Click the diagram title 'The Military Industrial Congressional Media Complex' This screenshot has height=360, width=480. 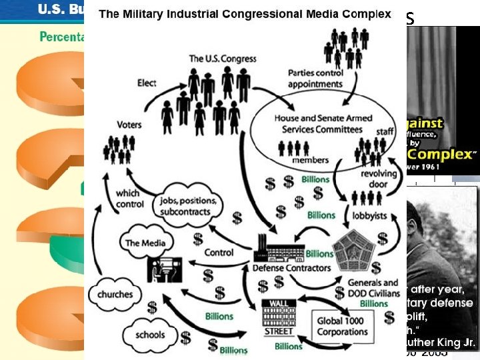[x=245, y=14]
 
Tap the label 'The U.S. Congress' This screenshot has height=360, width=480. [x=223, y=59]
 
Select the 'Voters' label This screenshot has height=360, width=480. [x=129, y=125]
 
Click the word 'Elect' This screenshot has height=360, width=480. [x=147, y=83]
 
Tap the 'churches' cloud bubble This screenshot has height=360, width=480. [x=115, y=295]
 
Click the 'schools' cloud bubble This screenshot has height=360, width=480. [x=149, y=335]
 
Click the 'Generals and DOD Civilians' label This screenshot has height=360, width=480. [x=373, y=287]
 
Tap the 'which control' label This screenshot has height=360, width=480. [x=130, y=199]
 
